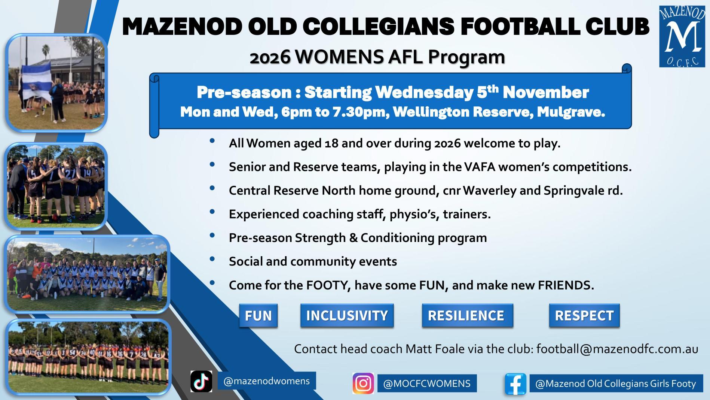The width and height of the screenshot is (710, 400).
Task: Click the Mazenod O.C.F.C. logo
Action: (x=682, y=36)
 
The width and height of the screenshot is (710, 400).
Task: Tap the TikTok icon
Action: (x=201, y=381)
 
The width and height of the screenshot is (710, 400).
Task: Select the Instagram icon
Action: (x=363, y=383)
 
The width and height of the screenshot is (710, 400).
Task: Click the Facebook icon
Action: (x=515, y=384)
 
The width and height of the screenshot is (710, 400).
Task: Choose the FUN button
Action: (x=258, y=316)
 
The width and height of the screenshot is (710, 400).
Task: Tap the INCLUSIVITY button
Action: (x=347, y=316)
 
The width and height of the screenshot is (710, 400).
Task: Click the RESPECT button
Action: (x=584, y=316)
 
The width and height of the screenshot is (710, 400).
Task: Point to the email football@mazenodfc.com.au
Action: (x=617, y=349)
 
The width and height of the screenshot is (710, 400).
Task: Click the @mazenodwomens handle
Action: (x=266, y=381)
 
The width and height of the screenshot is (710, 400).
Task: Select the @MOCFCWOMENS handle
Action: (x=427, y=384)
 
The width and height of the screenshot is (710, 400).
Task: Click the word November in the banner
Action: (x=546, y=92)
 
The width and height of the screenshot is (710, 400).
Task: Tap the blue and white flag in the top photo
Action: (x=36, y=81)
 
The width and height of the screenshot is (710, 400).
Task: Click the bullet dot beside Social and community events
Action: (x=212, y=259)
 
